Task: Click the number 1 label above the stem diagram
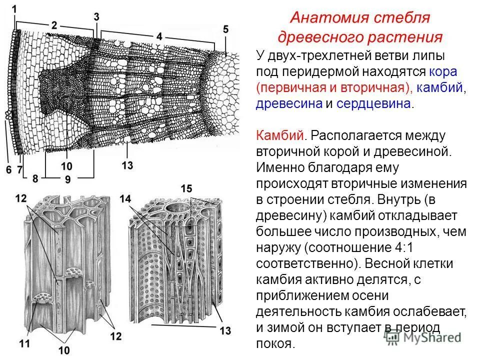14,8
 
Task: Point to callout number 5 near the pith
226,30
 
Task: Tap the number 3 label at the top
96,16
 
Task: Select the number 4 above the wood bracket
159,36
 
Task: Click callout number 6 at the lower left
8,170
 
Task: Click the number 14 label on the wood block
125,199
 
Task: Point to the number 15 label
186,188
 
